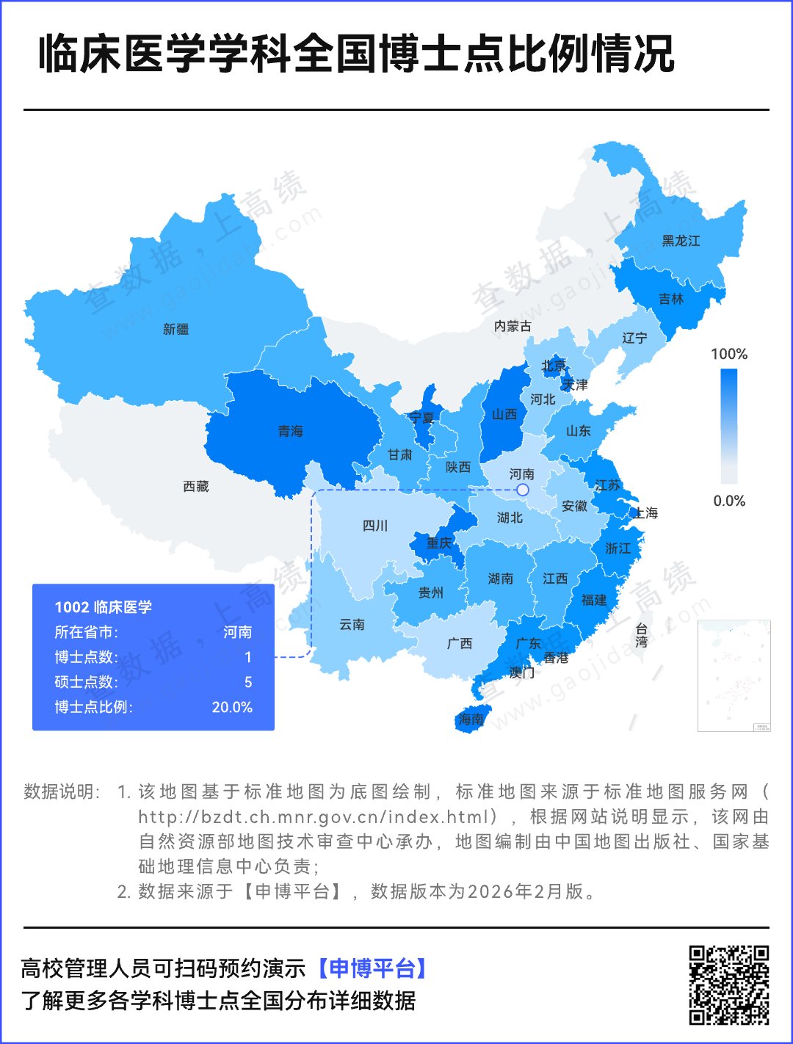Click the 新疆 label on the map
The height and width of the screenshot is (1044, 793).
[x=175, y=330]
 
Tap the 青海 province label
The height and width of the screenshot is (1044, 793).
[x=290, y=432]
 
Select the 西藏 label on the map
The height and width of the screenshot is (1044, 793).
[x=196, y=487]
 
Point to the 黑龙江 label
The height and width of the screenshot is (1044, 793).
[x=681, y=241]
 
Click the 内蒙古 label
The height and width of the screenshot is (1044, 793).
[x=513, y=326]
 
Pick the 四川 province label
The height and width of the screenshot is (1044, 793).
[x=374, y=526]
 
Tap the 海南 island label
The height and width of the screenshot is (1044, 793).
[x=471, y=719]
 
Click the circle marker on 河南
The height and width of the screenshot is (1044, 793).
[x=523, y=489]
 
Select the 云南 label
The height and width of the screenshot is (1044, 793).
[x=352, y=625]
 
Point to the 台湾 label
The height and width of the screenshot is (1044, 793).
[x=641, y=635]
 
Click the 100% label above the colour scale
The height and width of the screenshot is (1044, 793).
[x=728, y=354]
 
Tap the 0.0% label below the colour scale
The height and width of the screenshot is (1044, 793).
[x=728, y=501]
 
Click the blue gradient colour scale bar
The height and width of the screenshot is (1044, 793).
[x=728, y=426]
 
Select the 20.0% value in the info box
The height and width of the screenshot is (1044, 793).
[x=232, y=707]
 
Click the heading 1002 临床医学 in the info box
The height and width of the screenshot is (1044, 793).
[x=104, y=607]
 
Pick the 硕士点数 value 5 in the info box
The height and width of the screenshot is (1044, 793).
[x=248, y=682]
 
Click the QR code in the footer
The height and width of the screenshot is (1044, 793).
[x=728, y=985]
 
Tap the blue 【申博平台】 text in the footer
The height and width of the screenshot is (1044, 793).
[x=372, y=968]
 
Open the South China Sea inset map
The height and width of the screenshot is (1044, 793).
[x=734, y=675]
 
